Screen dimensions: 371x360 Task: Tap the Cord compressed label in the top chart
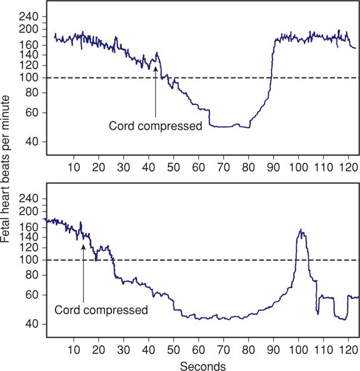(x=155, y=126)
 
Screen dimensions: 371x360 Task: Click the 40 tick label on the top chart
(x=31, y=142)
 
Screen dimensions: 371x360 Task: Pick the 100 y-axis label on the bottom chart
(x=28, y=260)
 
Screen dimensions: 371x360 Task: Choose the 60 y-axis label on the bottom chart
(x=31, y=295)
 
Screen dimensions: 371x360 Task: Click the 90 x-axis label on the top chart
(x=270, y=169)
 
